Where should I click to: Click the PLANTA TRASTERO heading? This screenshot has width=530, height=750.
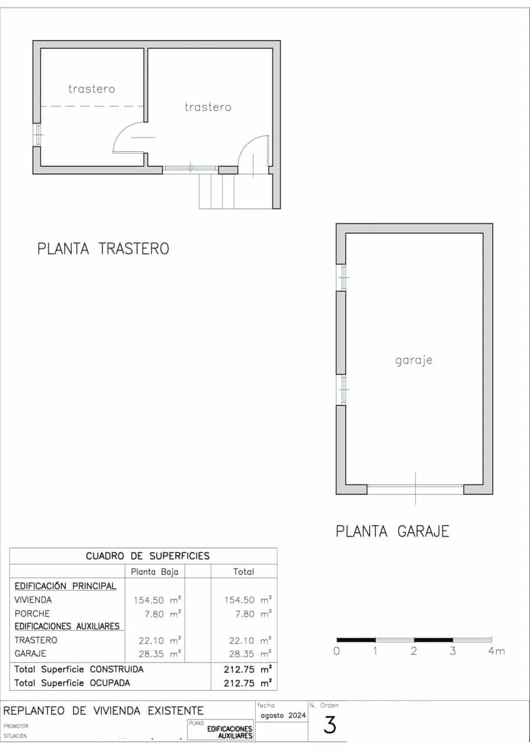click(x=103, y=249)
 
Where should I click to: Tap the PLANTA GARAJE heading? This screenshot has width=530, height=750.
click(x=392, y=532)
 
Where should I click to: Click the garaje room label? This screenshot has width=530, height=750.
click(x=414, y=361)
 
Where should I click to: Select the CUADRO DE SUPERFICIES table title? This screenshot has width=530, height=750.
click(x=147, y=556)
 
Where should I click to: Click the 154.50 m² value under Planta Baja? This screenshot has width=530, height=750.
click(x=157, y=600)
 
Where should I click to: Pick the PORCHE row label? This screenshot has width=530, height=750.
click(x=32, y=614)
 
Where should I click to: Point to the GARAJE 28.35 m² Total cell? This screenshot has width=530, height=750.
click(x=247, y=654)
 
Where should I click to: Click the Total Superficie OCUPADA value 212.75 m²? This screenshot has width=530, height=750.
click(x=247, y=683)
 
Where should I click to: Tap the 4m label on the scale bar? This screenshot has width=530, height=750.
click(x=496, y=651)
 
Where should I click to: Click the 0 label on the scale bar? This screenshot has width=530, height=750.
click(x=337, y=651)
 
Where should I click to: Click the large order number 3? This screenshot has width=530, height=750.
click(x=330, y=725)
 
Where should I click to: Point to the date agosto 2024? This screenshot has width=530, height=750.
click(x=282, y=716)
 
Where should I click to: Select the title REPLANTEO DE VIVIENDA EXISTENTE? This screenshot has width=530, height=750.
click(x=104, y=711)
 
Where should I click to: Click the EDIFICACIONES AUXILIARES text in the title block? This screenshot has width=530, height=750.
click(x=230, y=732)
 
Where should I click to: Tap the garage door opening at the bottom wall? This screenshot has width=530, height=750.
click(x=416, y=489)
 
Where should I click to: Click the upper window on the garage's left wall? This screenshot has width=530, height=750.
click(x=342, y=277)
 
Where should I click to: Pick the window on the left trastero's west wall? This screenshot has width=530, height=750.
click(x=37, y=134)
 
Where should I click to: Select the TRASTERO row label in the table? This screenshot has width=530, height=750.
click(x=36, y=640)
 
